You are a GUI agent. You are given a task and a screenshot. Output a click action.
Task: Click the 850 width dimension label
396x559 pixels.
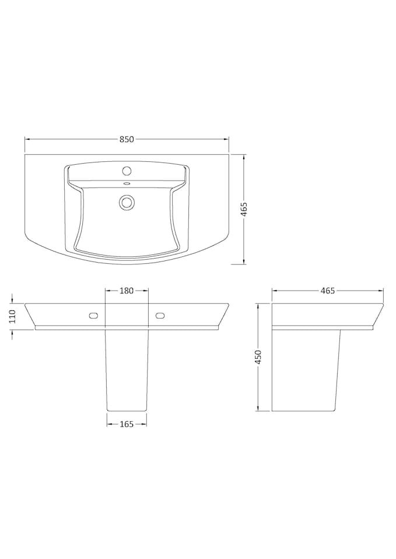click(x=127, y=139)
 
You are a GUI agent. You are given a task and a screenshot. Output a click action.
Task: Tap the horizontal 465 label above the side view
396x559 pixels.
click(x=328, y=291)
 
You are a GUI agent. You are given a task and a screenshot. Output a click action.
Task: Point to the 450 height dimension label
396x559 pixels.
click(x=258, y=356)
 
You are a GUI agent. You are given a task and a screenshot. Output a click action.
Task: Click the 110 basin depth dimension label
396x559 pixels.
click(x=11, y=316)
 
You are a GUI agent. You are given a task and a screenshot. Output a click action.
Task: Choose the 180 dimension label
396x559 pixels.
click(x=127, y=291)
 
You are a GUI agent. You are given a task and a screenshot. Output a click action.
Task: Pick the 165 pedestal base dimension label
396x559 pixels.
click(x=127, y=424)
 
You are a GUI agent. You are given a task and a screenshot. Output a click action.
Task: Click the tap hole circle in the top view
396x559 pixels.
click(x=127, y=171)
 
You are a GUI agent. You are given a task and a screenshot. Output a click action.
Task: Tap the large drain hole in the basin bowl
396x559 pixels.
click(x=127, y=202)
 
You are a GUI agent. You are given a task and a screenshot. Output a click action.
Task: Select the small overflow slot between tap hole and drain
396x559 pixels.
click(x=127, y=185)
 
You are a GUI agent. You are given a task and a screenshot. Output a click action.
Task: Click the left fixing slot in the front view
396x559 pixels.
click(x=92, y=316)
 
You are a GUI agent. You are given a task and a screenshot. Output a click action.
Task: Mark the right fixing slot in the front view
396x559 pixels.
click(x=161, y=316)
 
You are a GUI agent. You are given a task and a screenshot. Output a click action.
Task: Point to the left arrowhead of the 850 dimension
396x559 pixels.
click(x=27, y=139)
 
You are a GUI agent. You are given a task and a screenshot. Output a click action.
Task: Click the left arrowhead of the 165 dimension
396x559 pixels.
click(x=109, y=424)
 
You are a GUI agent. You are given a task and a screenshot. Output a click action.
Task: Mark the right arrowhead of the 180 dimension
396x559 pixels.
click(x=146, y=291)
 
